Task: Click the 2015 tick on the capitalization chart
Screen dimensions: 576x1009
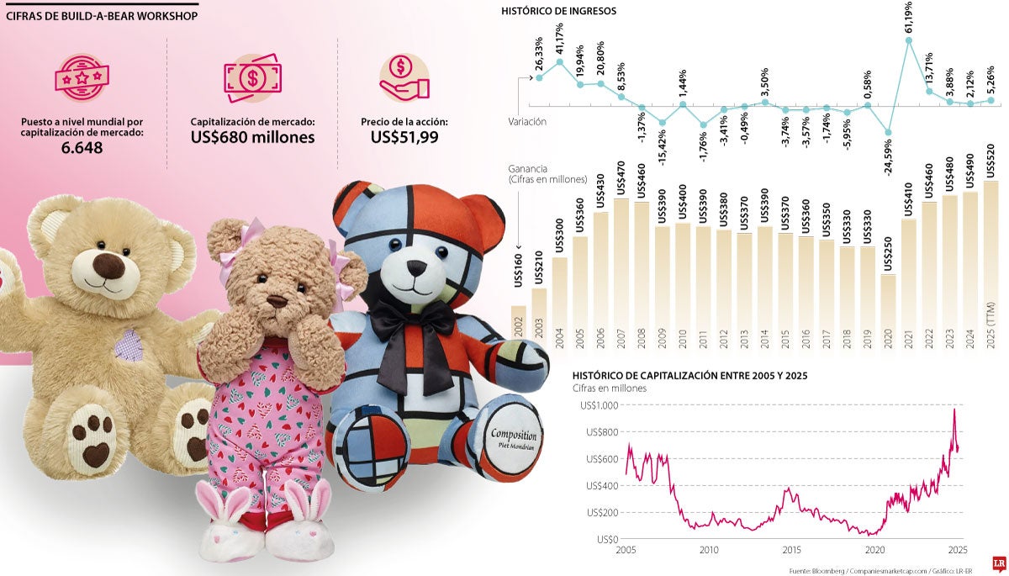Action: tap(790, 550)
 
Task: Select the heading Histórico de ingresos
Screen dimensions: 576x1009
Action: tap(558, 12)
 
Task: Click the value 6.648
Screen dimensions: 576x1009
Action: tap(82, 149)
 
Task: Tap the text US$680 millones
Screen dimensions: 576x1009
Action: tap(252, 137)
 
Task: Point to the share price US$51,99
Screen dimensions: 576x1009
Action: tap(404, 137)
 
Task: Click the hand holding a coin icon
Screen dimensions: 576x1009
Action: tap(404, 77)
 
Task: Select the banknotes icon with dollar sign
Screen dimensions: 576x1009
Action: tap(251, 77)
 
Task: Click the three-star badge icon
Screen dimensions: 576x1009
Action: tap(82, 77)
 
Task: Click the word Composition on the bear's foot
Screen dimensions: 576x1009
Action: tap(514, 436)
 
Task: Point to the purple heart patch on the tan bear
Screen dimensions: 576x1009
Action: tap(129, 345)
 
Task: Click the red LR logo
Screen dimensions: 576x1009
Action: tap(999, 563)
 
